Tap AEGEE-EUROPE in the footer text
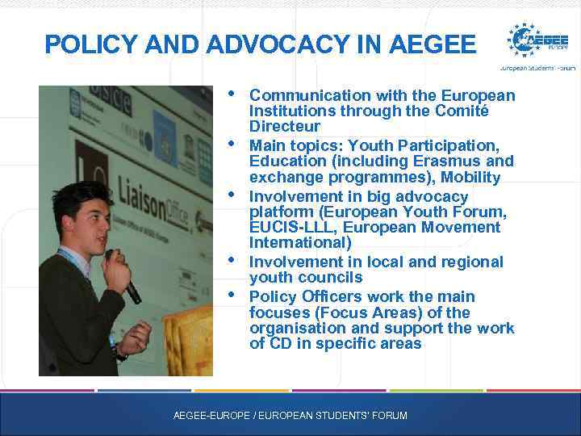tap(206, 416)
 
